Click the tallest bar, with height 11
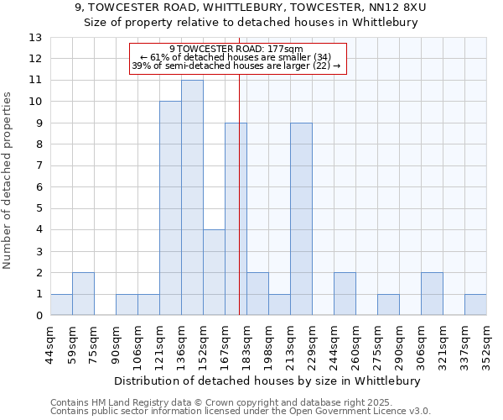click(192, 197)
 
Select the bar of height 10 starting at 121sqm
click(170, 208)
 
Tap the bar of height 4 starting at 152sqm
click(214, 272)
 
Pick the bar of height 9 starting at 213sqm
click(301, 219)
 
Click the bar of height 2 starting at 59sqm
click(83, 294)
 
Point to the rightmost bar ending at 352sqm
click(475, 305)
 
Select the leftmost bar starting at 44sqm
click(61, 305)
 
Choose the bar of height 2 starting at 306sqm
click(432, 294)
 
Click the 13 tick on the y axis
click(35, 38)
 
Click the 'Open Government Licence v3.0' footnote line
click(241, 412)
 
